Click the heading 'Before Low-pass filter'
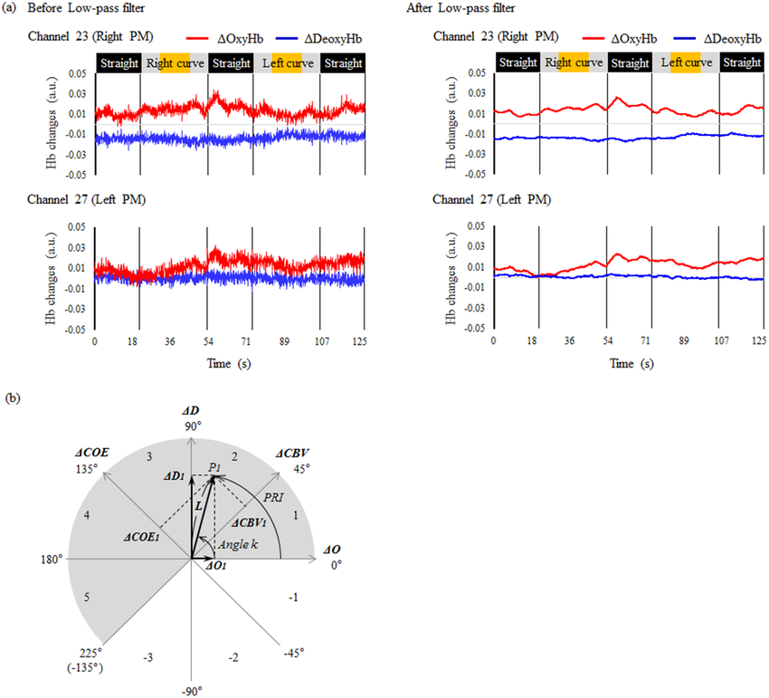pos(87,9)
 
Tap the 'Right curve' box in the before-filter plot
pos(175,64)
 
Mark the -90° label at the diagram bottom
pos(194,690)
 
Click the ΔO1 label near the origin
pos(218,567)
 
